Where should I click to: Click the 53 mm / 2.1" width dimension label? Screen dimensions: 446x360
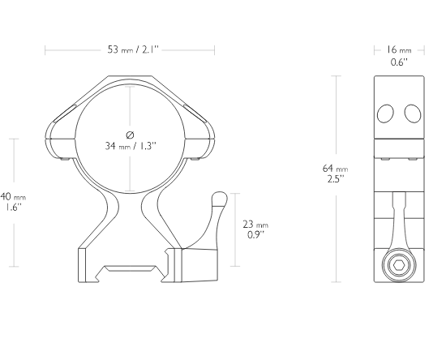coord(133,49)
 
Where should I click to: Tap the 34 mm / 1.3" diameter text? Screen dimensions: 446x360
coord(131,146)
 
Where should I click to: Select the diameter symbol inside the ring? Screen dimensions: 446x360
coord(130,135)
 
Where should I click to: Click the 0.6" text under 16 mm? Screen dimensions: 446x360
coord(399,62)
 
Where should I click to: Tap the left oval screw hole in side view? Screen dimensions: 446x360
coord(385,114)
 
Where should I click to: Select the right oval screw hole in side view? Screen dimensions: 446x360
coord(413,114)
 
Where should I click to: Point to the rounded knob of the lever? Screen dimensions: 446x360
coord(220,198)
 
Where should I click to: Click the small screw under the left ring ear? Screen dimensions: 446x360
coord(66,159)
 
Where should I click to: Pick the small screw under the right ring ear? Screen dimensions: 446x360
coord(195,159)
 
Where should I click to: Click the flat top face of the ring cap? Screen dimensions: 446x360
coord(130,76)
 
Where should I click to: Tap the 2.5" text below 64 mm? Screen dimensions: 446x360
coord(336,179)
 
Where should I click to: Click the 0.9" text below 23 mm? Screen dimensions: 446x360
coord(256,235)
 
